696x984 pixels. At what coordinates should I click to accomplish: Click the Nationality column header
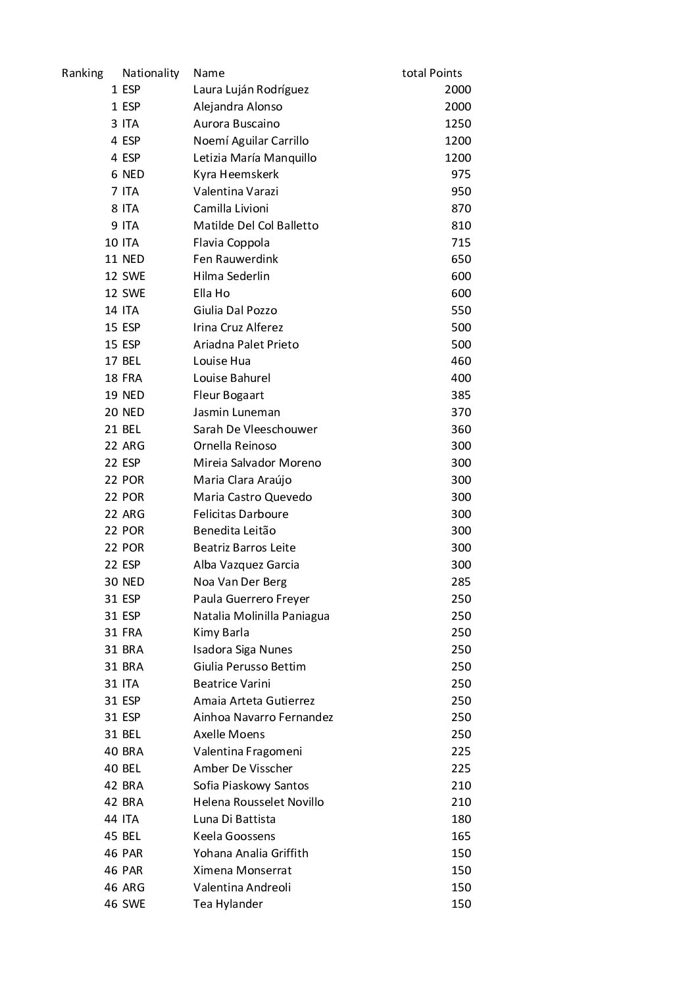(151, 73)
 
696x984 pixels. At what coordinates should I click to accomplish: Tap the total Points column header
(432, 73)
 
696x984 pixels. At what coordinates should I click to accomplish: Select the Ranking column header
(82, 73)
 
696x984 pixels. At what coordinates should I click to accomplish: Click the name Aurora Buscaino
(236, 124)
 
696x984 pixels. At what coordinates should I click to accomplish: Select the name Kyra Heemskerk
(236, 174)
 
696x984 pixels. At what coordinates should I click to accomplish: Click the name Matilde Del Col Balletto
(255, 225)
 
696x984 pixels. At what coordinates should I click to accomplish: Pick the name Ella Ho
(211, 293)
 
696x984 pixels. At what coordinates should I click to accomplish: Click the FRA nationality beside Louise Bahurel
(132, 378)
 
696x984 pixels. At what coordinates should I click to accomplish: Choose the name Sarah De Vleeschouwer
(255, 429)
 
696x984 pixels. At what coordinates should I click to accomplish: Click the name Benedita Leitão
(234, 530)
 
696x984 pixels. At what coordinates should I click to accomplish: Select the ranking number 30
(111, 582)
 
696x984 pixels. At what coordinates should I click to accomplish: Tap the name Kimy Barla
(221, 632)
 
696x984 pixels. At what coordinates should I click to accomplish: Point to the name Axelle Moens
(229, 734)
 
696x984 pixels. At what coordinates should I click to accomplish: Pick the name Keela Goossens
(234, 836)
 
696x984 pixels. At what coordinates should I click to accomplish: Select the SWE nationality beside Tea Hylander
(134, 904)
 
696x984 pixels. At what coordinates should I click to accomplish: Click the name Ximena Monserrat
(242, 870)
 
